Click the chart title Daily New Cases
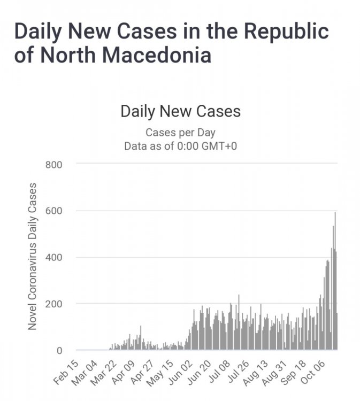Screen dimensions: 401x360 coord(180,111)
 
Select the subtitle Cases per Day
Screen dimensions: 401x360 coord(180,133)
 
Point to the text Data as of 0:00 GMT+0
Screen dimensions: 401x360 coord(180,145)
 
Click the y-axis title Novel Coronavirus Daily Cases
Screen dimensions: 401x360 coord(33,256)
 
